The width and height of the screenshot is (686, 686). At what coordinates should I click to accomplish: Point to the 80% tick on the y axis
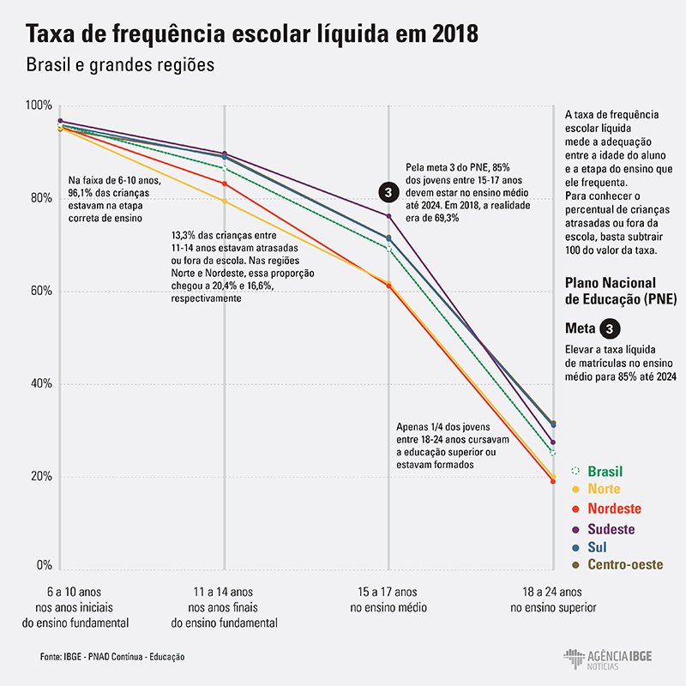[x=40, y=198]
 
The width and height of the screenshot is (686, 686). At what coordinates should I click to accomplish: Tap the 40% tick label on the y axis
[x=40, y=383]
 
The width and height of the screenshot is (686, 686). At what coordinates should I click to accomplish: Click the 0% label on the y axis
[x=44, y=566]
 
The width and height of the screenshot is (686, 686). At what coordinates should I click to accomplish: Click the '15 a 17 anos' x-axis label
[x=388, y=592]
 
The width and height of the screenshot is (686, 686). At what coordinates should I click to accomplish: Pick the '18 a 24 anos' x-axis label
[x=553, y=592]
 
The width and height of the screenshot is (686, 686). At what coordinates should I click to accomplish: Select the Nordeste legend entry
[x=611, y=508]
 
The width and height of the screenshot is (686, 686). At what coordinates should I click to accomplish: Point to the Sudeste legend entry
[x=609, y=527]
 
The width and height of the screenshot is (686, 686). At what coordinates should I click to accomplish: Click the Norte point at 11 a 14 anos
[x=225, y=201]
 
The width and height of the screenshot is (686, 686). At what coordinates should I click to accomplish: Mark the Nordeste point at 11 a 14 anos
[x=225, y=184]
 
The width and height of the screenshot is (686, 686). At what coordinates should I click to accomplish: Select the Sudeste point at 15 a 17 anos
[x=388, y=215]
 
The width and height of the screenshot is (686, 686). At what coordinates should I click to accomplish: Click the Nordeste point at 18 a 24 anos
[x=553, y=481]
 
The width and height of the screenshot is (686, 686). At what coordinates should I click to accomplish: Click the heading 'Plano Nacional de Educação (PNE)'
[x=622, y=291]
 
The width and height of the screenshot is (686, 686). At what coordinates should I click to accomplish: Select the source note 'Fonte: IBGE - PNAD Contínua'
[x=111, y=656]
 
